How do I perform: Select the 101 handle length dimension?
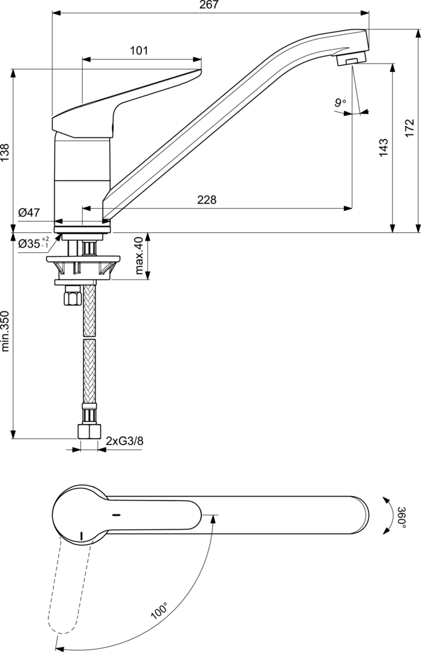[x=139, y=51]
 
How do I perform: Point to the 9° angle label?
[x=340, y=102]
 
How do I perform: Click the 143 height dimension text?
[x=383, y=147]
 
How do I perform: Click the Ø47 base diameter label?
[x=29, y=213]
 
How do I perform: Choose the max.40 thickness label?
[x=139, y=256]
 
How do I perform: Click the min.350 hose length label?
[x=5, y=331]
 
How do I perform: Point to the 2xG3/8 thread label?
[x=124, y=441]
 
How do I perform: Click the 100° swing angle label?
[x=159, y=611]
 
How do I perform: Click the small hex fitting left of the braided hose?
[x=70, y=297]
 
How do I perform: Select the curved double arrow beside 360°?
[x=388, y=516]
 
